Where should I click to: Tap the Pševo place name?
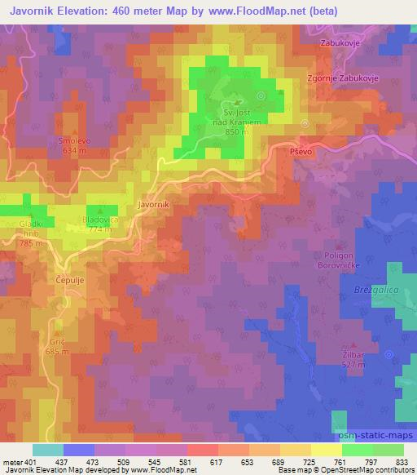[302, 153]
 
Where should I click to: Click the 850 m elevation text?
[235, 132]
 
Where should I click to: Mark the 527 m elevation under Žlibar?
[353, 364]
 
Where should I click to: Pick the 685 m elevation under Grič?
[56, 352]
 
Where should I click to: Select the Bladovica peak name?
[99, 220]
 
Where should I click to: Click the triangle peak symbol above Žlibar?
[353, 345]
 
